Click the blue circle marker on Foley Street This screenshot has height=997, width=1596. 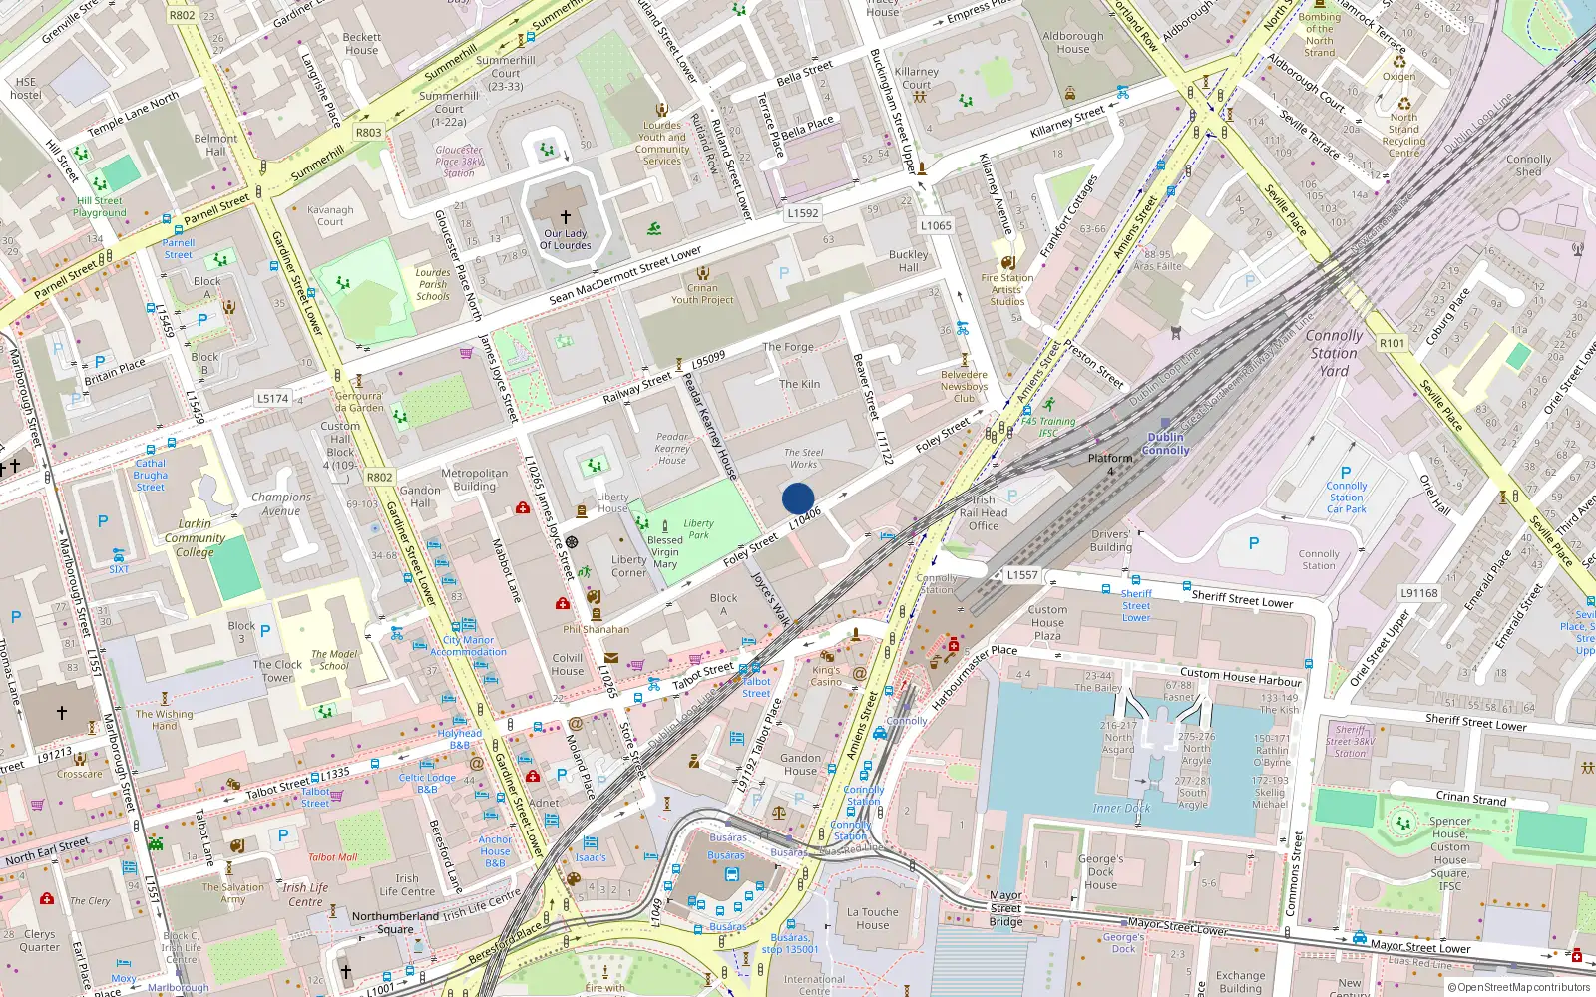[x=798, y=498]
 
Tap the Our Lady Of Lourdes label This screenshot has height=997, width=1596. [x=566, y=239]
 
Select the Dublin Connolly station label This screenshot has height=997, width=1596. [x=1165, y=444]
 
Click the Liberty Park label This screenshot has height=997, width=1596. [x=698, y=528]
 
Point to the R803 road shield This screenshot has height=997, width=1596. [x=368, y=132]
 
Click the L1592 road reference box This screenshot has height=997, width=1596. [x=802, y=213]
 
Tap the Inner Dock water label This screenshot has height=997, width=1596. [x=1121, y=809]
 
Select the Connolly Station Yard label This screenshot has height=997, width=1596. [x=1334, y=353]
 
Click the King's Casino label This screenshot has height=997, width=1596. [x=826, y=676]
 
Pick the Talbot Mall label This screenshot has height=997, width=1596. [x=332, y=857]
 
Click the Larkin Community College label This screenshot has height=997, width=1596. [x=195, y=537]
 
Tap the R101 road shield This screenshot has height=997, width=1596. [x=1392, y=343]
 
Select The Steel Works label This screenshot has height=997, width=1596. [x=803, y=458]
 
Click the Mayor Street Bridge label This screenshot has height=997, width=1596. [x=1005, y=908]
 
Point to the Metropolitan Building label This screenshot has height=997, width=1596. [x=474, y=480]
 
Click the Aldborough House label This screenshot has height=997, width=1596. [x=1073, y=42]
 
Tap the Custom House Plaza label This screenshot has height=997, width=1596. [x=1047, y=622]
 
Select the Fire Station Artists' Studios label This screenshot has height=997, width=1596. [x=1006, y=290]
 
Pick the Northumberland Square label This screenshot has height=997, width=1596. [x=395, y=922]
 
